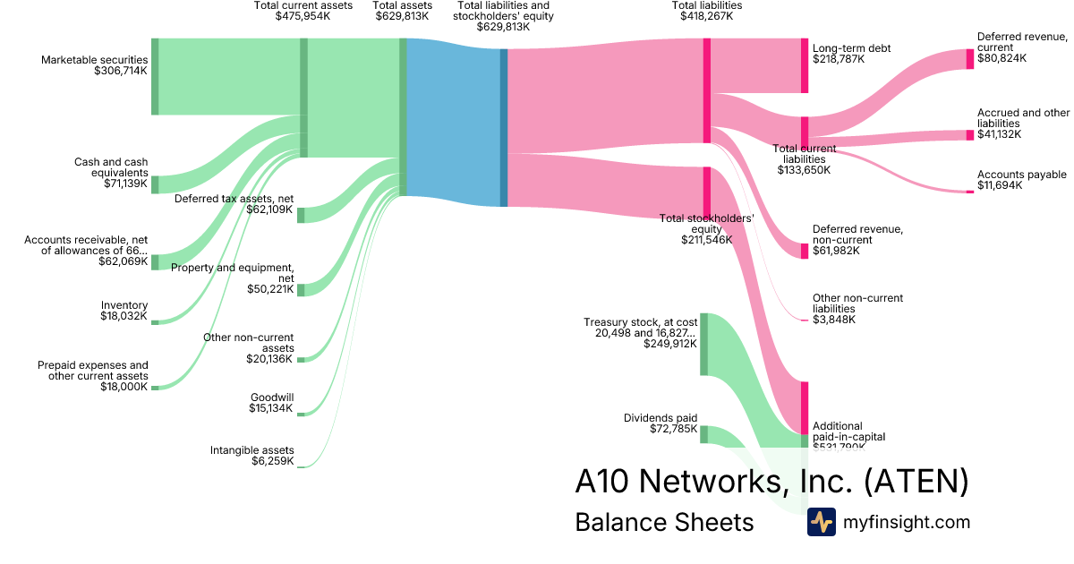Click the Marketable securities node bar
pos(155,76)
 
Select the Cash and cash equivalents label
pos(111,167)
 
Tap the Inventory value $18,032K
pos(124,316)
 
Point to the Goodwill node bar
pos(301,414)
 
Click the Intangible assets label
pos(251,450)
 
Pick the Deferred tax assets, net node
pos(301,215)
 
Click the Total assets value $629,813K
pos(402,16)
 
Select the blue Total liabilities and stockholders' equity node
pos(504,127)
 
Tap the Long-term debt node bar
pos(805,65)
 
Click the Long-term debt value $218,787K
pos(839,59)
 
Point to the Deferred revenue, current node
pos(969,59)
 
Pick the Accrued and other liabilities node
pos(969,135)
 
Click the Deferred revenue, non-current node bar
pos(805,251)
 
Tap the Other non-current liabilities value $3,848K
pos(834,320)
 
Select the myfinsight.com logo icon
pos(821,522)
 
